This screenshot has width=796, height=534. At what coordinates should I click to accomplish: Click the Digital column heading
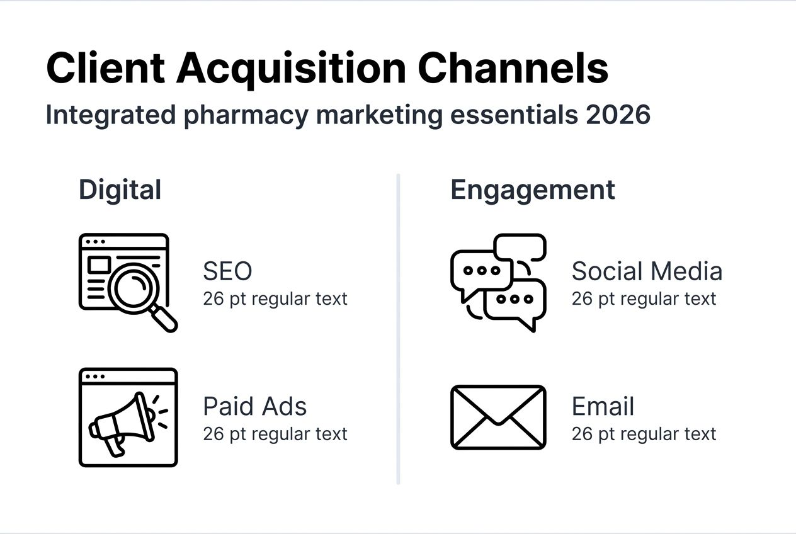120,190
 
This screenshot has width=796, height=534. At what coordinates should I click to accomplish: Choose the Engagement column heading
533,190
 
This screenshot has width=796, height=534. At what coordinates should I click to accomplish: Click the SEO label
227,271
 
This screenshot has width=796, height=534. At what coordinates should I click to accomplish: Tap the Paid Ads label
254,406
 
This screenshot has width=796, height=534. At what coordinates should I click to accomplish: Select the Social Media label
647,271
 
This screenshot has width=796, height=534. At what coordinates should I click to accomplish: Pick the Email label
603,406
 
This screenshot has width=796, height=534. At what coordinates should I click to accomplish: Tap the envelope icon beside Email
498,417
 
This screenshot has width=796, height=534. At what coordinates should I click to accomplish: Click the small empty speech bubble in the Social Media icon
520,247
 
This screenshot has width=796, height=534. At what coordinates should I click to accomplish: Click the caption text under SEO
275,298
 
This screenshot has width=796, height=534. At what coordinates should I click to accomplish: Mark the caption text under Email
644,434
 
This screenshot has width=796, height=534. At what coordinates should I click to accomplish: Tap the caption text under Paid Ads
275,434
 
